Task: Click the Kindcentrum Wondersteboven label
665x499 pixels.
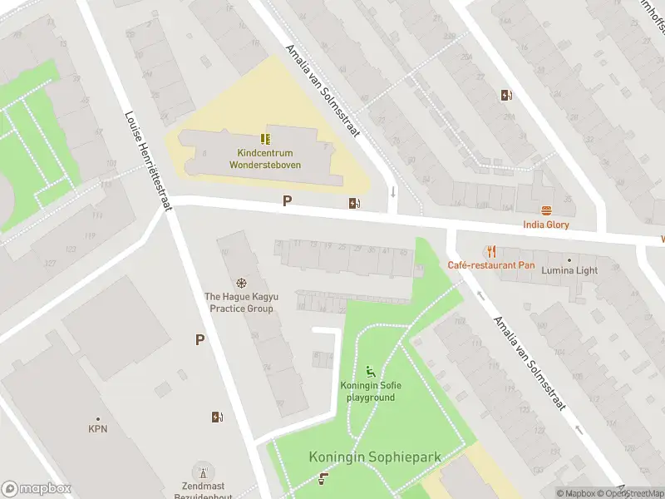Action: point(265,159)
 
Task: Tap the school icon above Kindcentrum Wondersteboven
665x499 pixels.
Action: point(265,139)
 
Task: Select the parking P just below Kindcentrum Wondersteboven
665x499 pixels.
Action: point(288,200)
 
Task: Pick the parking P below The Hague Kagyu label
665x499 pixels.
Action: point(199,339)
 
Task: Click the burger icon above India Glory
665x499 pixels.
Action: point(546,210)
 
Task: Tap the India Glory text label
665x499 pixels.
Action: point(545,225)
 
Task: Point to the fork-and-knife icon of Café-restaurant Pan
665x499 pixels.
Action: point(492,250)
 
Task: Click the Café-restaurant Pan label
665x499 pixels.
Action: point(490,265)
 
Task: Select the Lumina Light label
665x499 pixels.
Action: point(569,270)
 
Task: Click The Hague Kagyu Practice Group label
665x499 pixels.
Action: point(239,303)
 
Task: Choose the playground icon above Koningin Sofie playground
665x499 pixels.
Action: point(371,371)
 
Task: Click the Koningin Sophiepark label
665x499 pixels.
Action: point(375,457)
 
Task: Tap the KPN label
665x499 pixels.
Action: point(98,429)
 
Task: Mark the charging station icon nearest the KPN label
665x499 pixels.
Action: point(217,417)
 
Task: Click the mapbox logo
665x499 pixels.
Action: point(37,489)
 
